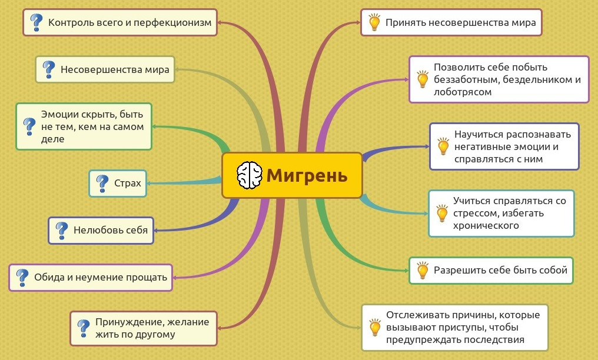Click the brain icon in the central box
(250, 175)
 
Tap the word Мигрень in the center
(307, 176)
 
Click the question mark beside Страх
(102, 184)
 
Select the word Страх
(127, 184)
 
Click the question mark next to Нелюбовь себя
(61, 231)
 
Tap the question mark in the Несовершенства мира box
(48, 70)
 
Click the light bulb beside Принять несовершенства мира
(374, 22)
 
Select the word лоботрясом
(463, 92)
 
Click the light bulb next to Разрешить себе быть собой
(423, 270)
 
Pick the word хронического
(486, 225)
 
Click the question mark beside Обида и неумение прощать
(22, 277)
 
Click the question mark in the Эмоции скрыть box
(29, 126)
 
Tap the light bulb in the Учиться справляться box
(442, 214)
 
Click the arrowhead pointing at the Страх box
(149, 184)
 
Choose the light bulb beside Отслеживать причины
(375, 327)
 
